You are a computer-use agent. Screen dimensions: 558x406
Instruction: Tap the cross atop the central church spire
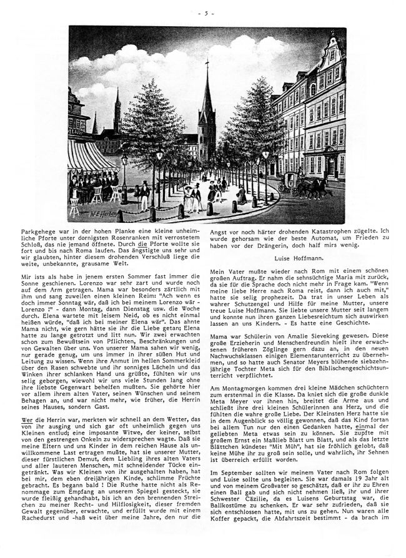pyautogui.click(x=207, y=64)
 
